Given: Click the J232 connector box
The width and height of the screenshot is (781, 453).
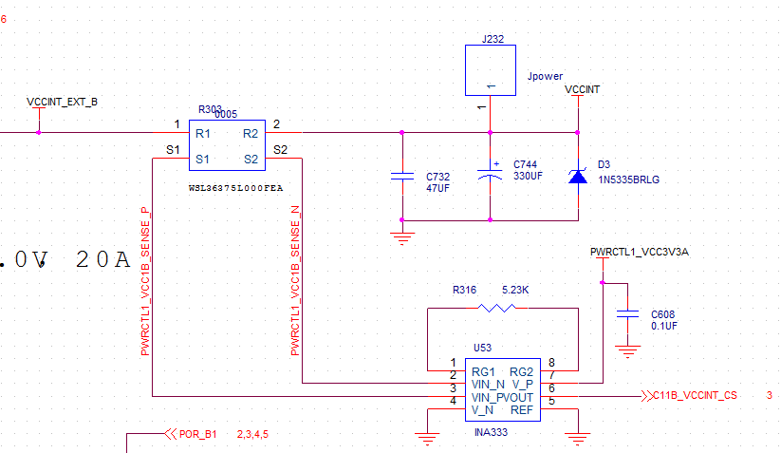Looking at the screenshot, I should (x=491, y=70).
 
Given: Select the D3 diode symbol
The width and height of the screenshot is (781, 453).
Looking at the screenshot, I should (x=578, y=176).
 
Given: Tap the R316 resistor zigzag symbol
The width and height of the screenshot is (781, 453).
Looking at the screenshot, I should (x=498, y=308).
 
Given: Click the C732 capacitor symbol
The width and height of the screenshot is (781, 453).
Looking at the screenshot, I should (x=402, y=177).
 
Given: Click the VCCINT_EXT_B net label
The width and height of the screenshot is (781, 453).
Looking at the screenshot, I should (x=62, y=101).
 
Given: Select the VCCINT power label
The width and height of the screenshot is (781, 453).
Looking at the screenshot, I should (x=582, y=89).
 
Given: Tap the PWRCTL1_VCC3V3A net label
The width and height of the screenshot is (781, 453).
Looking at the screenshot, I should (x=639, y=253).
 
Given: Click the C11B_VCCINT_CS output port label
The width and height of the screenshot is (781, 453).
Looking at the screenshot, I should (x=695, y=395).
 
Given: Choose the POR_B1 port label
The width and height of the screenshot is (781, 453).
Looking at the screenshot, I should (x=198, y=434).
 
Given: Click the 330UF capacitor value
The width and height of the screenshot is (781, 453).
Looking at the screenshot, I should (x=529, y=176).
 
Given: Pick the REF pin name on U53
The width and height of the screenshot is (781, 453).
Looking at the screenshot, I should (x=522, y=410).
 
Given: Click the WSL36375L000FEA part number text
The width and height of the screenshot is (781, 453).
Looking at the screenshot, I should (x=236, y=190).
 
